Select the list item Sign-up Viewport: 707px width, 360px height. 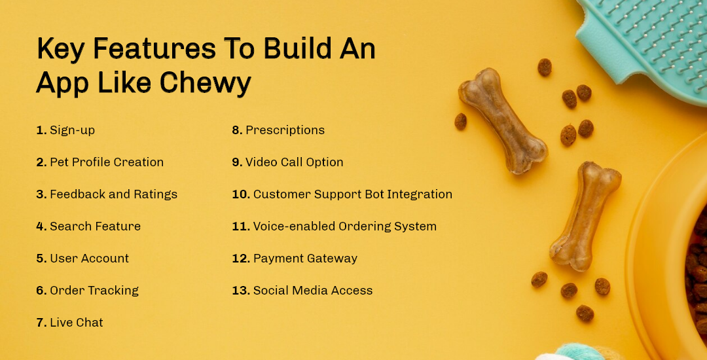[x=72, y=130]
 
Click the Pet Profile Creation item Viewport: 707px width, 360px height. [x=107, y=162]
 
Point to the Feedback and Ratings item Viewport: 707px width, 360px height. [x=113, y=194]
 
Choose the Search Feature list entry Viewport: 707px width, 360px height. [x=95, y=226]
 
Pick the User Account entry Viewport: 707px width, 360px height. [x=89, y=259]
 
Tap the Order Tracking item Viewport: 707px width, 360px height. [x=94, y=291]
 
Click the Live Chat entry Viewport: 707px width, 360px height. [x=77, y=323]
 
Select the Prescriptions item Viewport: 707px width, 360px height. [x=285, y=130]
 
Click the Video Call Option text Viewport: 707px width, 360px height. [x=294, y=162]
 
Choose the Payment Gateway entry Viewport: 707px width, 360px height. [x=305, y=259]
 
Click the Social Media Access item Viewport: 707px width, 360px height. [x=313, y=291]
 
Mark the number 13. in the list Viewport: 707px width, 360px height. [x=240, y=291]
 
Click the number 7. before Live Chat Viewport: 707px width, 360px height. [x=41, y=323]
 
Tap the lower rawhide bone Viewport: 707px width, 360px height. [x=585, y=215]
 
